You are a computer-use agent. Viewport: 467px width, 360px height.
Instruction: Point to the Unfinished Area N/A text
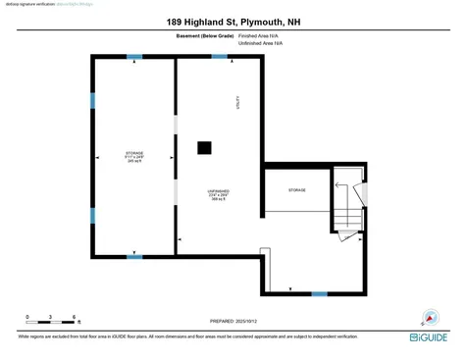click(x=261, y=43)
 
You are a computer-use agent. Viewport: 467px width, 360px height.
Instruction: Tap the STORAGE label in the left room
click(x=134, y=153)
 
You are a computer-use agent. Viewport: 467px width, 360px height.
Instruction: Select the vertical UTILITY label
click(x=236, y=102)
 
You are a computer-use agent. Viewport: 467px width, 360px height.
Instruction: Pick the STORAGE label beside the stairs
click(x=296, y=189)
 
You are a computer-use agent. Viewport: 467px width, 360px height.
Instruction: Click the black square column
click(x=204, y=148)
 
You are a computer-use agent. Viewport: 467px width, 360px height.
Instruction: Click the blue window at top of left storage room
click(x=134, y=57)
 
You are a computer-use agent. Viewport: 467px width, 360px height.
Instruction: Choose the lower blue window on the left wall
click(x=92, y=215)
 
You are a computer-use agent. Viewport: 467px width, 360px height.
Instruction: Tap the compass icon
click(x=428, y=318)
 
